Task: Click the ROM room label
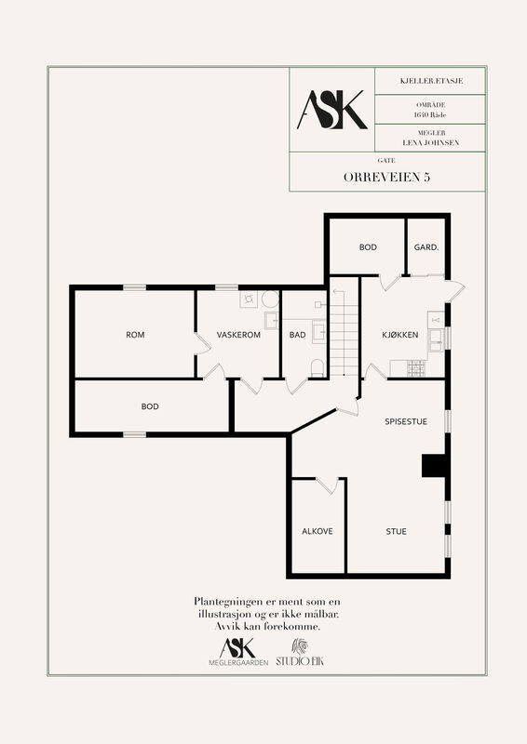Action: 135,335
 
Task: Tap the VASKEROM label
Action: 238,335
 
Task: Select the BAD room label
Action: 297,335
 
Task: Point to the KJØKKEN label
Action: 400,335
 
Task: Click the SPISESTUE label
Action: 406,421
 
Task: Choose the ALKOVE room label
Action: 318,531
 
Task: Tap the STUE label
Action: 397,531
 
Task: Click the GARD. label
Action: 426,247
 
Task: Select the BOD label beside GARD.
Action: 368,247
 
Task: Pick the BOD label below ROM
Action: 150,406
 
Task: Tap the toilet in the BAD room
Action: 317,368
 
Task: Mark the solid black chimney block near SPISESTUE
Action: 434,465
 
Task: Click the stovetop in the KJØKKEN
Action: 416,368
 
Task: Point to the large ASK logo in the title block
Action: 332,110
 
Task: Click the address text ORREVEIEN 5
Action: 386,177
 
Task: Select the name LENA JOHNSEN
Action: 431,142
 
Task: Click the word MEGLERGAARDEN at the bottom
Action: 238,663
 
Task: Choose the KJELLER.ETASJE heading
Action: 431,81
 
